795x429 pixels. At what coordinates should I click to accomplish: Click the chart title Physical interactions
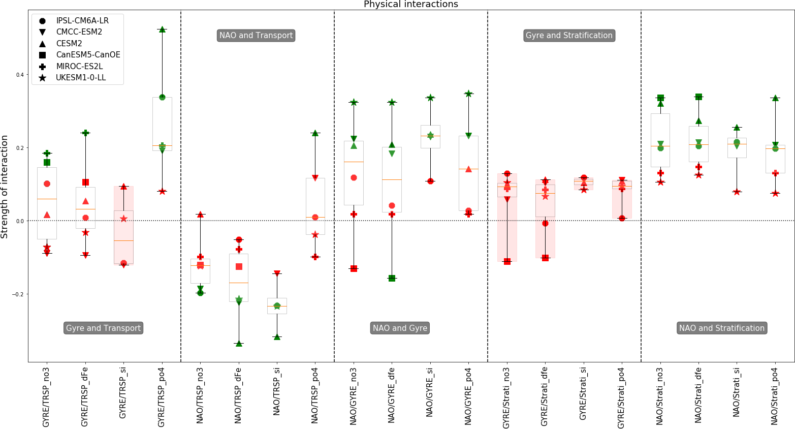click(410, 5)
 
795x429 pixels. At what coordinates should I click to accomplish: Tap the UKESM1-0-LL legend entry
click(81, 78)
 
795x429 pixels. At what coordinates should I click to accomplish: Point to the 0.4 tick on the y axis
click(20, 75)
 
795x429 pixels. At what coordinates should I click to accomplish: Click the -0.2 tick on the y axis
click(19, 294)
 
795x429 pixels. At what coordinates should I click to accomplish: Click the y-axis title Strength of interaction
click(5, 187)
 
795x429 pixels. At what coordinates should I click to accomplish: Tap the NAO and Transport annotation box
click(256, 36)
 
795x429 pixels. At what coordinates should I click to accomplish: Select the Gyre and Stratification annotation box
click(569, 36)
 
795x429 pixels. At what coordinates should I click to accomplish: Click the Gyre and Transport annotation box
click(103, 328)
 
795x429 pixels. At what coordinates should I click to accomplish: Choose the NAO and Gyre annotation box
click(400, 328)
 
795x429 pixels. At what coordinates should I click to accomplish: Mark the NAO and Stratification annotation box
click(721, 328)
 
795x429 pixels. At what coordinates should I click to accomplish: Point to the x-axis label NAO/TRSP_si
click(277, 392)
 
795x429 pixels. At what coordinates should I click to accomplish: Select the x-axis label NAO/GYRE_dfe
click(392, 395)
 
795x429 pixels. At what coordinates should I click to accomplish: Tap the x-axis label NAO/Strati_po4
click(775, 395)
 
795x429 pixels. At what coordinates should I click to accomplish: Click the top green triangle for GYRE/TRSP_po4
click(162, 29)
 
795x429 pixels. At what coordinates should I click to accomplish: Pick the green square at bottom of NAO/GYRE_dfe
click(392, 278)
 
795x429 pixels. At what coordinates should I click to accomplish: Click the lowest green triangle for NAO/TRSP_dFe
click(239, 344)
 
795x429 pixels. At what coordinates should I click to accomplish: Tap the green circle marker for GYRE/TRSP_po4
click(162, 97)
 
